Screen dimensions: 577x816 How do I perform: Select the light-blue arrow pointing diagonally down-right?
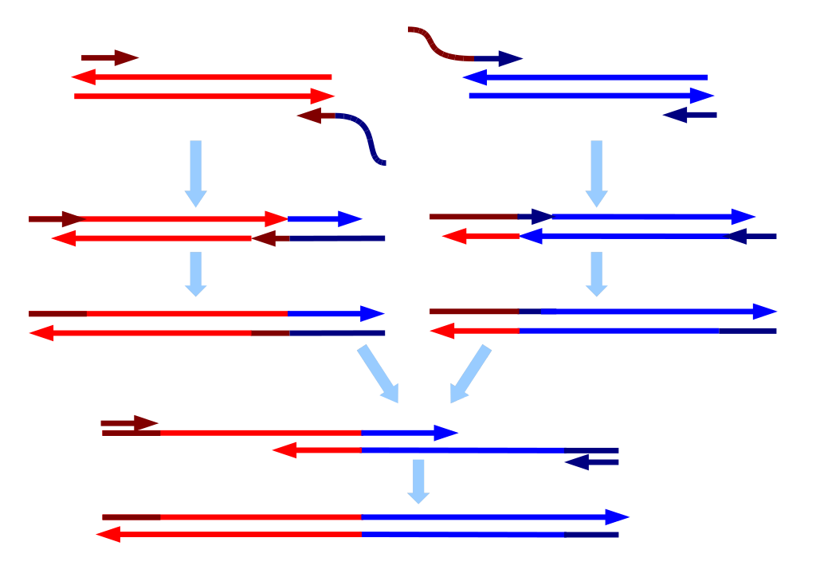[379, 374]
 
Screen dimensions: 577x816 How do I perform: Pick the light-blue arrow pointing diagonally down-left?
[470, 374]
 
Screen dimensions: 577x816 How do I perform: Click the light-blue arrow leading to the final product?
[418, 481]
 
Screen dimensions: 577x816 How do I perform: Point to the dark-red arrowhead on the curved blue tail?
[308, 116]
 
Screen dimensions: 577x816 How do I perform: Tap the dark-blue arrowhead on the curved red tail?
[509, 58]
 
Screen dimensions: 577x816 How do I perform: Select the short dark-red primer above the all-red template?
[110, 58]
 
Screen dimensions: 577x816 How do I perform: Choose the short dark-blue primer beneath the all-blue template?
[689, 115]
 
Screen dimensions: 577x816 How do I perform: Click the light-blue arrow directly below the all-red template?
[195, 173]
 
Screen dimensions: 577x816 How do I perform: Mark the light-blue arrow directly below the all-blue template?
[596, 173]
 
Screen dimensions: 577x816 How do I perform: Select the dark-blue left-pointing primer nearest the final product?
[590, 462]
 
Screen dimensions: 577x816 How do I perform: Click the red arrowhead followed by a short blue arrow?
[276, 219]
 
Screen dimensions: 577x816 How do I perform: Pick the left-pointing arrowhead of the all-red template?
[83, 77]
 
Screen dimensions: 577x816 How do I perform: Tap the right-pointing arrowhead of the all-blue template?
[702, 96]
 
